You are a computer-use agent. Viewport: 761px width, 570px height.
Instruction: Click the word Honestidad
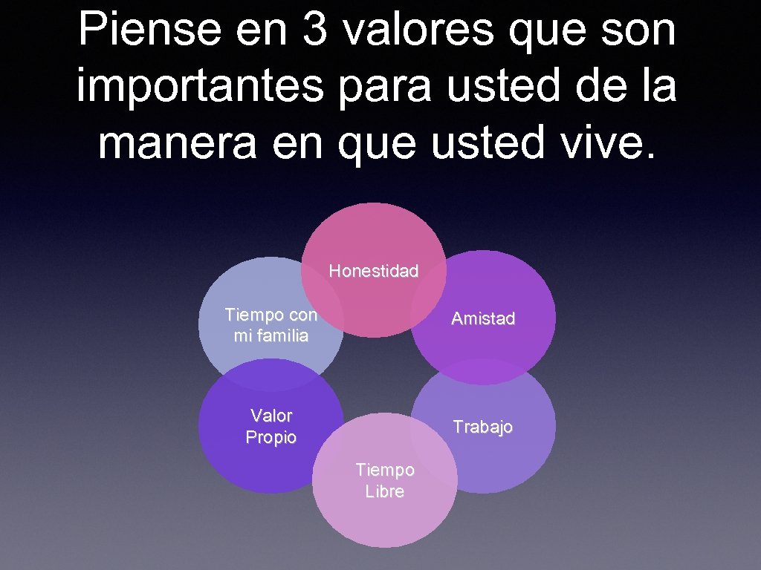click(x=374, y=271)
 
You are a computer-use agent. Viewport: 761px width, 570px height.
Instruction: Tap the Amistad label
click(x=483, y=318)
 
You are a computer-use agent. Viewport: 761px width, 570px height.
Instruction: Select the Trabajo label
click(x=483, y=427)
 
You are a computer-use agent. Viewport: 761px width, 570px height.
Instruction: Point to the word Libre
click(x=385, y=491)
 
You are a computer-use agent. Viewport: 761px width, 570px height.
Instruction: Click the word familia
click(x=271, y=335)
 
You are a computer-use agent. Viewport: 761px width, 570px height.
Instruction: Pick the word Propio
click(x=271, y=438)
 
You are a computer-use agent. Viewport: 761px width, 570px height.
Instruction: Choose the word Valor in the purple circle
click(x=271, y=416)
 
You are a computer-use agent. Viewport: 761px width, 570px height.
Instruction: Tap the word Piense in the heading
click(x=148, y=30)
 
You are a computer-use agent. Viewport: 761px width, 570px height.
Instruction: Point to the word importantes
click(x=200, y=87)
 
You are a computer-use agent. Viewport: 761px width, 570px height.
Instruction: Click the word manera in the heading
click(x=179, y=143)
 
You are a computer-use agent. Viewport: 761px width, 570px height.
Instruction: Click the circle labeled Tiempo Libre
click(x=385, y=520)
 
